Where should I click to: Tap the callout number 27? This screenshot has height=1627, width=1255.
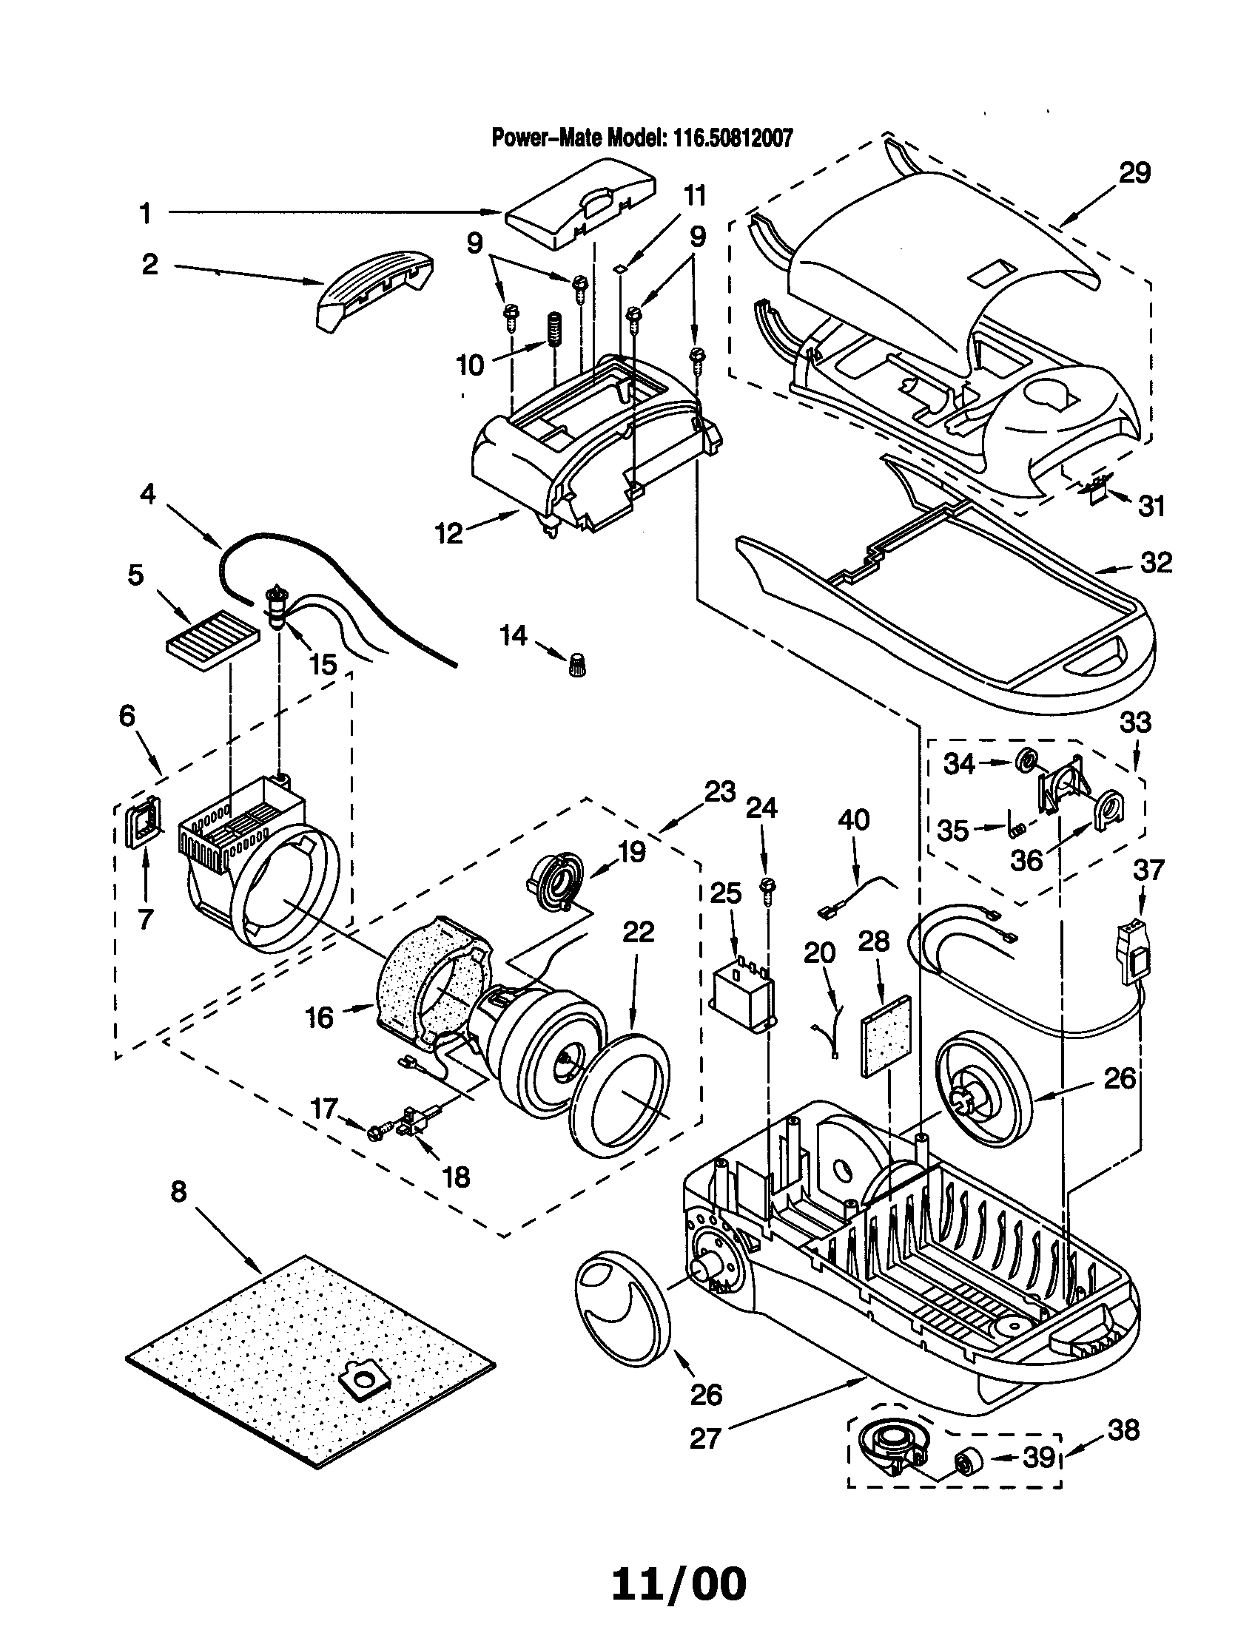(x=705, y=1438)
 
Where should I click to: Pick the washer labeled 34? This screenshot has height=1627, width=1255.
(x=1027, y=760)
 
